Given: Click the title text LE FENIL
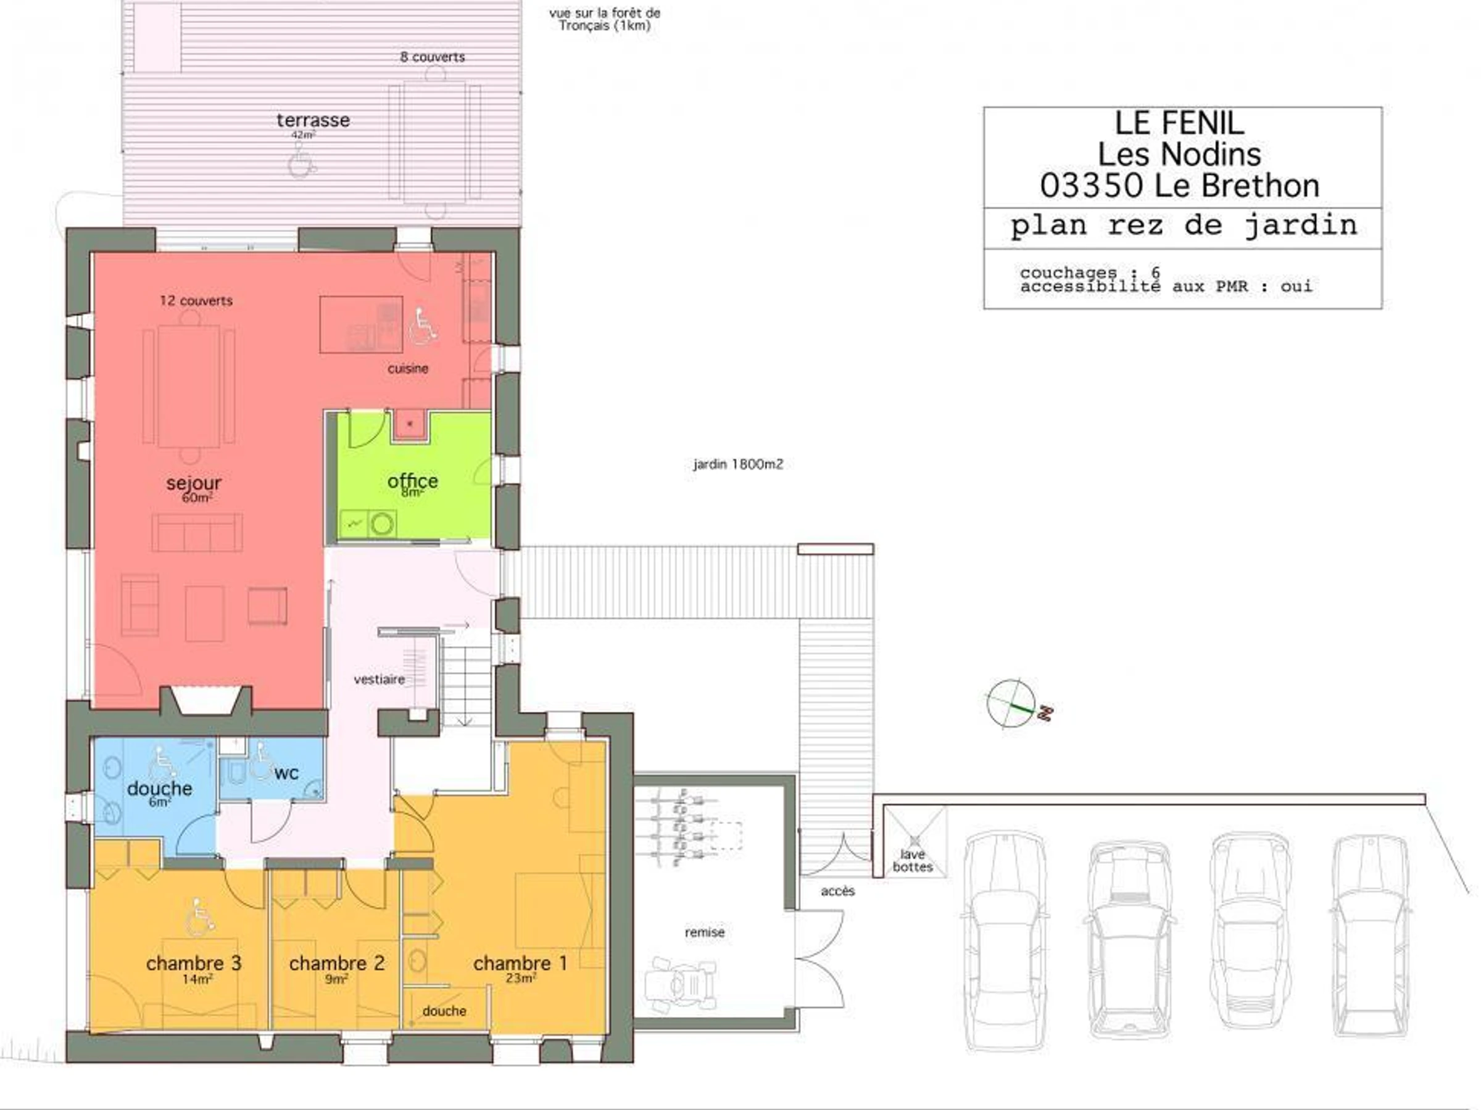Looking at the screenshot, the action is click(x=1179, y=123).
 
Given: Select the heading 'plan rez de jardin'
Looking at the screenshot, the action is click(x=1184, y=226).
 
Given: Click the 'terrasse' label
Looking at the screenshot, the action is click(x=313, y=120).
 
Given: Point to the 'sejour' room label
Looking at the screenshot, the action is click(x=194, y=482).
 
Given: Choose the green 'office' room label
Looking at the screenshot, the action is click(x=412, y=480).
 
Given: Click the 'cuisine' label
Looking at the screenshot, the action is click(x=408, y=369).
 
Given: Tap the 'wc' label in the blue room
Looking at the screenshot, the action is click(x=286, y=773).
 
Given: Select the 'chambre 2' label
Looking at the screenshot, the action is click(x=337, y=963).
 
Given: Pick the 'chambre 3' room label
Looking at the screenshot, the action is click(x=194, y=963).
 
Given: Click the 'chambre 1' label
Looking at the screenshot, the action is click(x=520, y=963).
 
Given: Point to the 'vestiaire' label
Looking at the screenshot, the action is click(x=379, y=679).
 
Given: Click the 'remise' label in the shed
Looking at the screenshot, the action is click(x=704, y=932).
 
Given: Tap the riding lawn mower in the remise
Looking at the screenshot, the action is click(x=681, y=986).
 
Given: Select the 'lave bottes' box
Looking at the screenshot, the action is click(x=915, y=842).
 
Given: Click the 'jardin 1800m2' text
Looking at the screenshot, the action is click(x=738, y=464).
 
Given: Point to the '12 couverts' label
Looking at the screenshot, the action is click(x=196, y=301).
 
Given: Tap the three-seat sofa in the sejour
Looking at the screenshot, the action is click(x=197, y=533).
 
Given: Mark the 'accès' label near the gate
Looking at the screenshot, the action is click(x=837, y=891).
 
